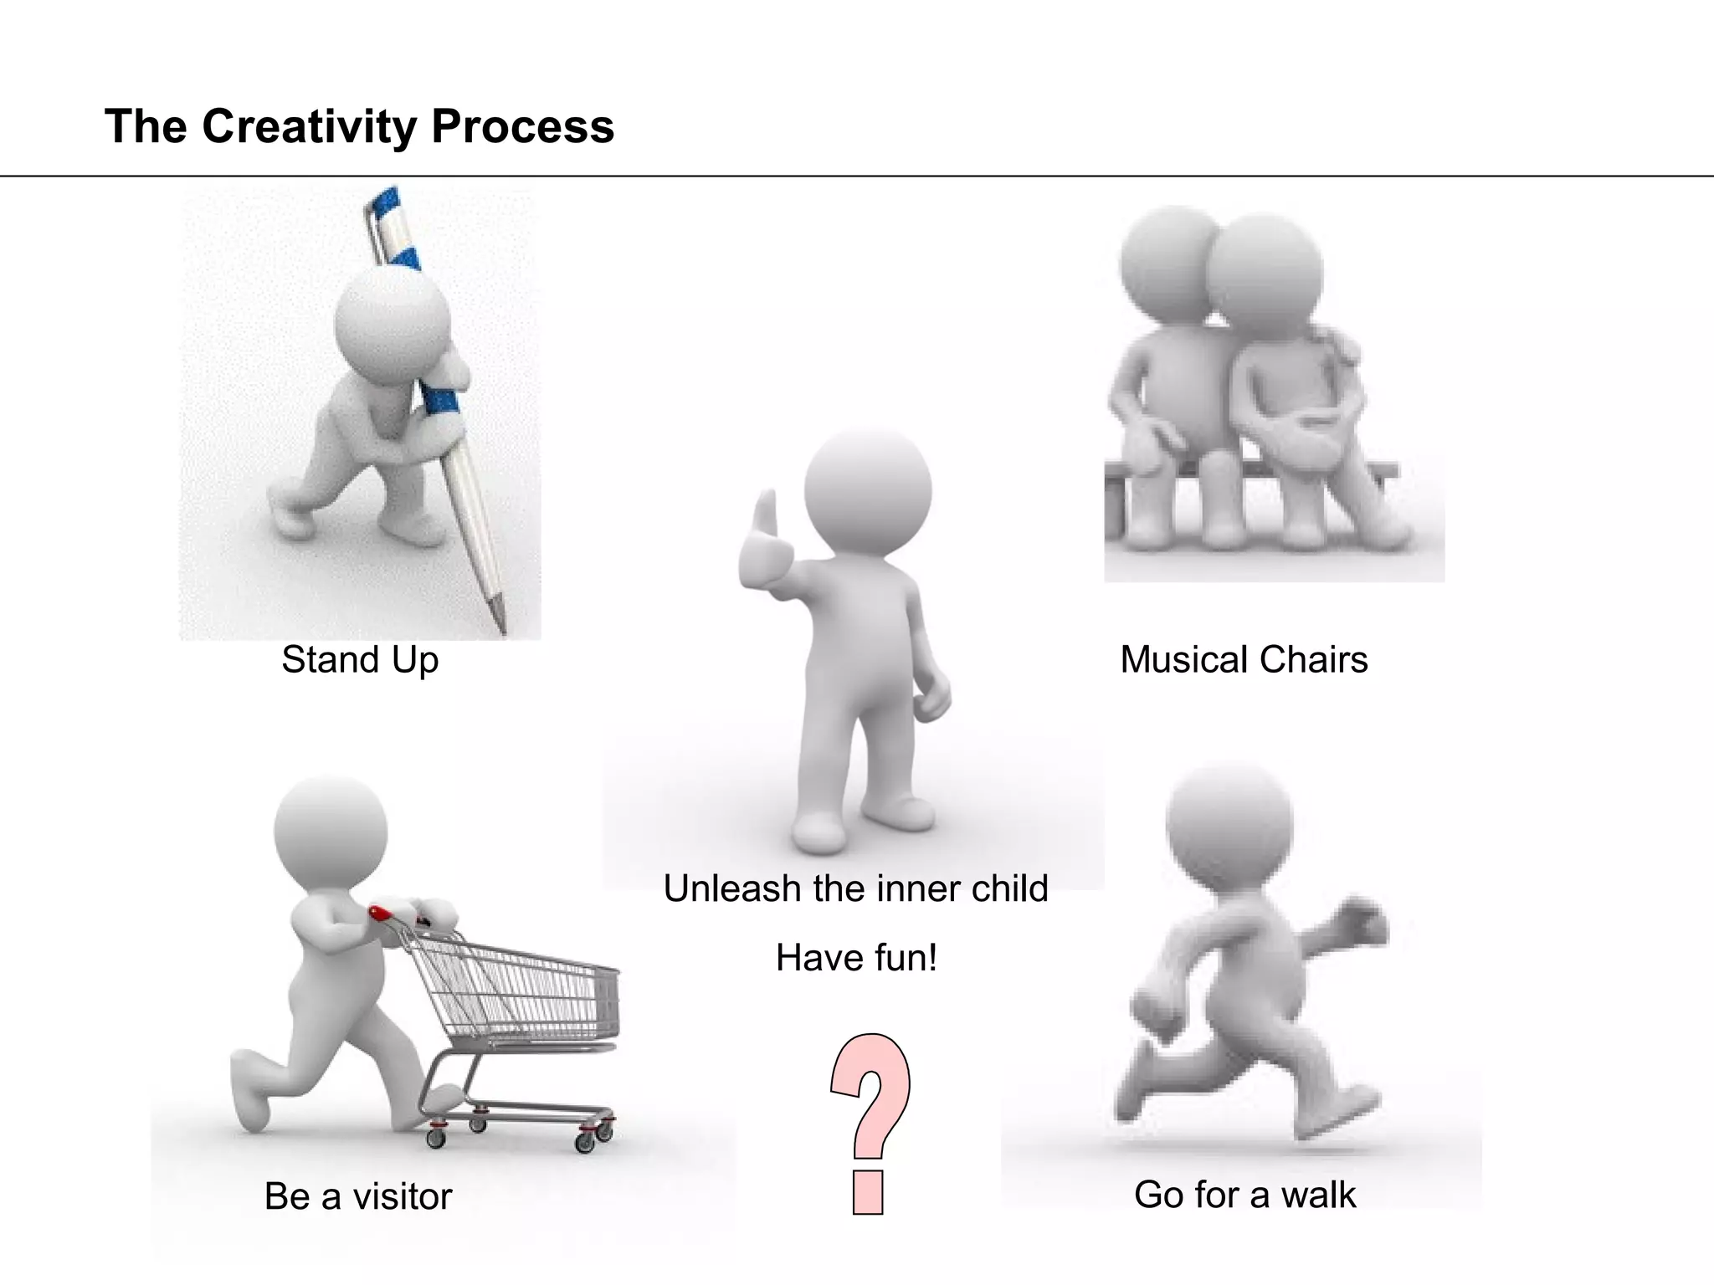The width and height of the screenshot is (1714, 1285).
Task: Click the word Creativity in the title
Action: pyautogui.click(x=309, y=127)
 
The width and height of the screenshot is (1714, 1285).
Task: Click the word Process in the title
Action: pyautogui.click(x=523, y=127)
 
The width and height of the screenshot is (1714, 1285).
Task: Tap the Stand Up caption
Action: pyautogui.click(x=360, y=660)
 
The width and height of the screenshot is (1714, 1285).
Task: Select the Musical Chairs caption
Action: pyautogui.click(x=1244, y=660)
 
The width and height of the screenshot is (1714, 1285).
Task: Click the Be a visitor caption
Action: pyautogui.click(x=358, y=1196)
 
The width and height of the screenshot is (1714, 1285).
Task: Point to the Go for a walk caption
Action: pyautogui.click(x=1244, y=1195)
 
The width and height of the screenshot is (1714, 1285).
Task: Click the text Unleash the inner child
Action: pyautogui.click(x=855, y=888)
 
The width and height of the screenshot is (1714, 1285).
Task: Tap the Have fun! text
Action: pyautogui.click(x=855, y=958)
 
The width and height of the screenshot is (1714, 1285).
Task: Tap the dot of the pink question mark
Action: pyautogui.click(x=869, y=1192)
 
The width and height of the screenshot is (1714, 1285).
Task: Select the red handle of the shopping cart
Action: pyautogui.click(x=380, y=912)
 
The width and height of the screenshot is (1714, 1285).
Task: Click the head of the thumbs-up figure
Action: pyautogui.click(x=868, y=489)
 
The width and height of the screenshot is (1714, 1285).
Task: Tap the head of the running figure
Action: pyautogui.click(x=1229, y=824)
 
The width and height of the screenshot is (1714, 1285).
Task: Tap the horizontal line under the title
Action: pyautogui.click(x=857, y=177)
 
